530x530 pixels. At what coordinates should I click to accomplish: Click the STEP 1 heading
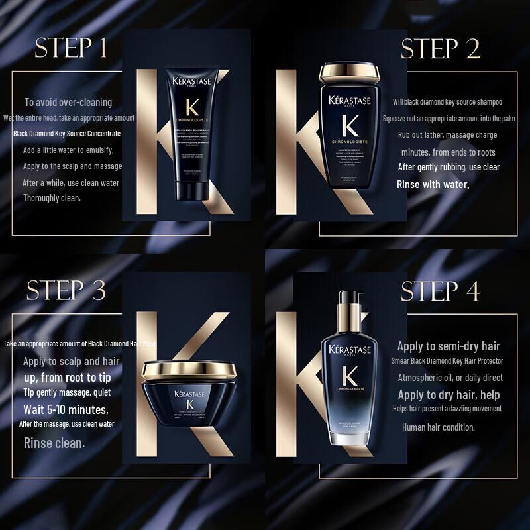(x=72, y=49)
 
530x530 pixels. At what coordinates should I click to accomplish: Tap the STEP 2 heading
(x=441, y=49)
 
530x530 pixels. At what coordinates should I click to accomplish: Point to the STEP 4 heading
(x=441, y=290)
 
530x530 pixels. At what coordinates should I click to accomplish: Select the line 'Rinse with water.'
(x=433, y=184)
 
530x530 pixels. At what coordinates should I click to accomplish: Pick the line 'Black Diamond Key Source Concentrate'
(x=67, y=133)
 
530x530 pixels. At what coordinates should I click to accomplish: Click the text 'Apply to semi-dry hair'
(x=449, y=346)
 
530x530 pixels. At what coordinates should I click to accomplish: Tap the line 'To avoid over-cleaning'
(x=68, y=102)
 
